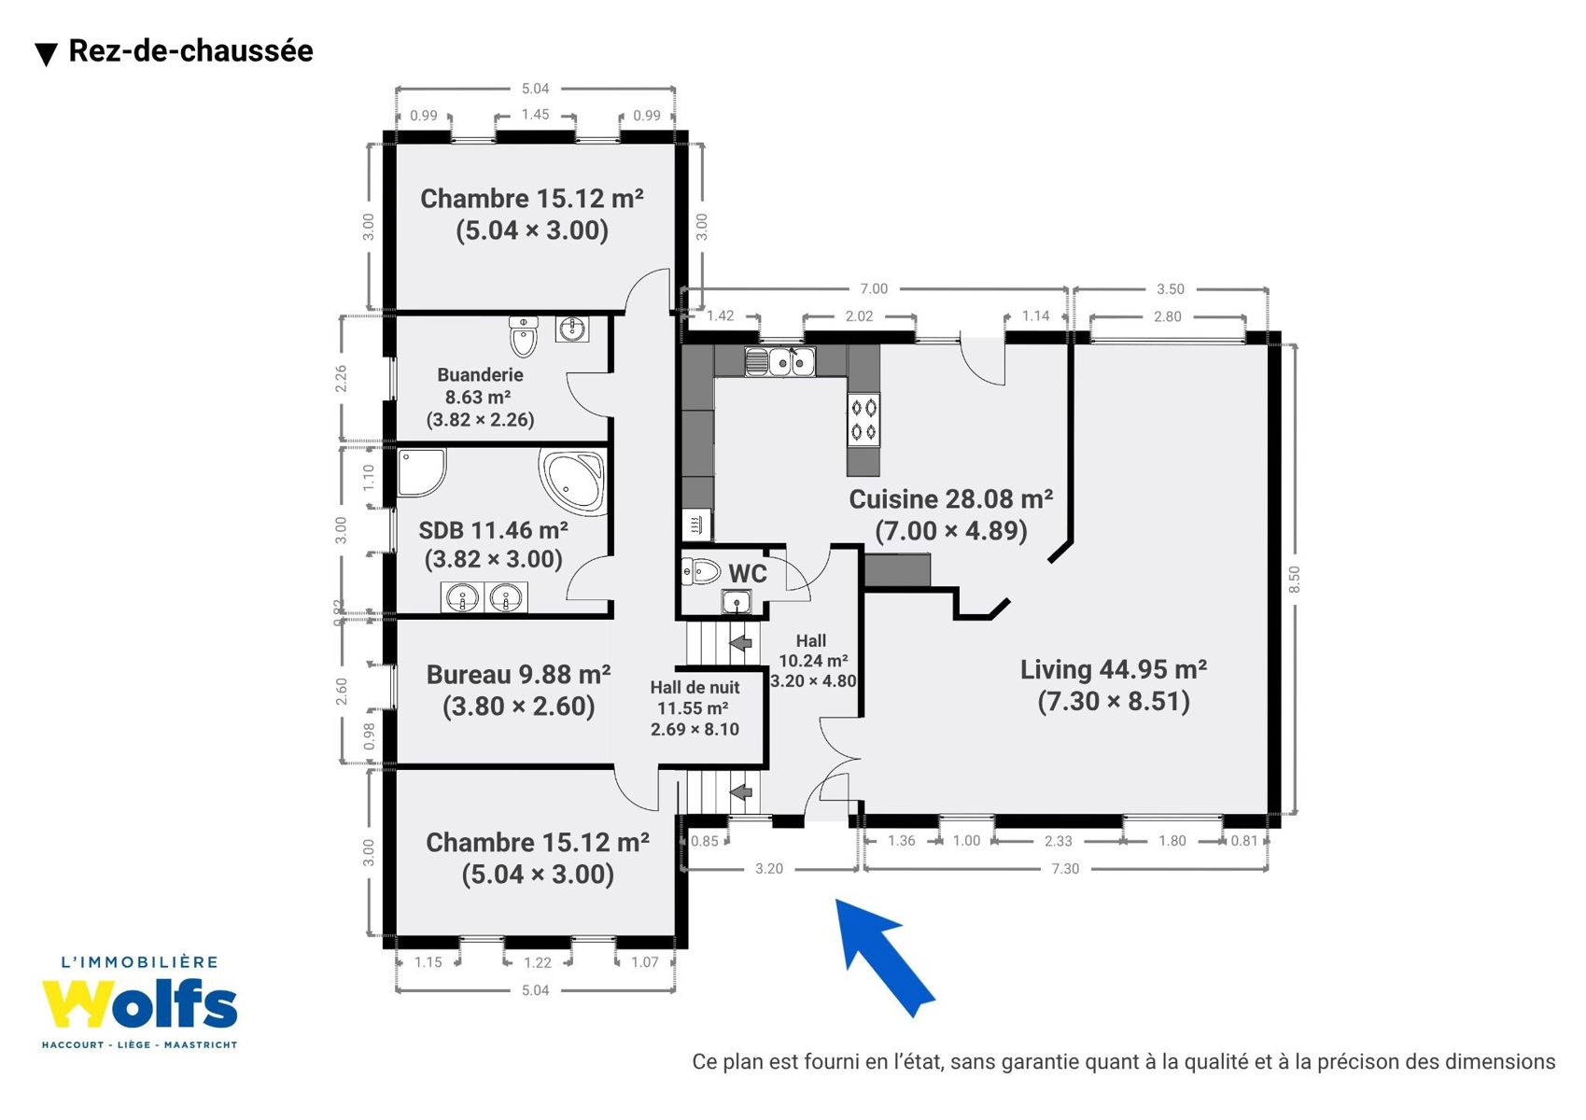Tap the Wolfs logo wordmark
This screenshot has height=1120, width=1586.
pyautogui.click(x=139, y=1004)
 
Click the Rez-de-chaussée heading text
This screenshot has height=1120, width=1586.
pyautogui.click(x=190, y=51)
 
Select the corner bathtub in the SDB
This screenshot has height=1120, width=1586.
pyautogui.click(x=572, y=480)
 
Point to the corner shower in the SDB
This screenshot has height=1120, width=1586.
pyautogui.click(x=421, y=472)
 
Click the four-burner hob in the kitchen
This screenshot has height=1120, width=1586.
pyautogui.click(x=863, y=421)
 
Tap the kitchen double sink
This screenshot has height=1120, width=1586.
pyautogui.click(x=779, y=361)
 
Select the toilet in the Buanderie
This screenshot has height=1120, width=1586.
pyautogui.click(x=524, y=336)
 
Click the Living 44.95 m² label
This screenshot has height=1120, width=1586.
pyautogui.click(x=1114, y=670)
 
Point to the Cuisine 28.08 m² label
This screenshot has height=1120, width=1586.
pyautogui.click(x=951, y=500)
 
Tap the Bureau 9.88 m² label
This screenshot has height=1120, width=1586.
pyautogui.click(x=518, y=675)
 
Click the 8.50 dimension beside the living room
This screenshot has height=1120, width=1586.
pyautogui.click(x=1295, y=579)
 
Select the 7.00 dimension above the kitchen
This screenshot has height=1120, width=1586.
pyautogui.click(x=874, y=288)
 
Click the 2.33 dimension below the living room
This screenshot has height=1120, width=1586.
pyautogui.click(x=1058, y=841)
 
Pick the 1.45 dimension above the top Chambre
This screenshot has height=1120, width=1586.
pyautogui.click(x=535, y=115)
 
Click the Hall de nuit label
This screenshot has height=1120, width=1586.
pyautogui.click(x=695, y=688)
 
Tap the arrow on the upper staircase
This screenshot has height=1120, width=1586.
pyautogui.click(x=740, y=643)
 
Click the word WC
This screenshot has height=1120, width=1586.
pyautogui.click(x=748, y=573)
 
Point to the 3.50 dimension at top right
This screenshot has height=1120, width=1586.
pyautogui.click(x=1171, y=288)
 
